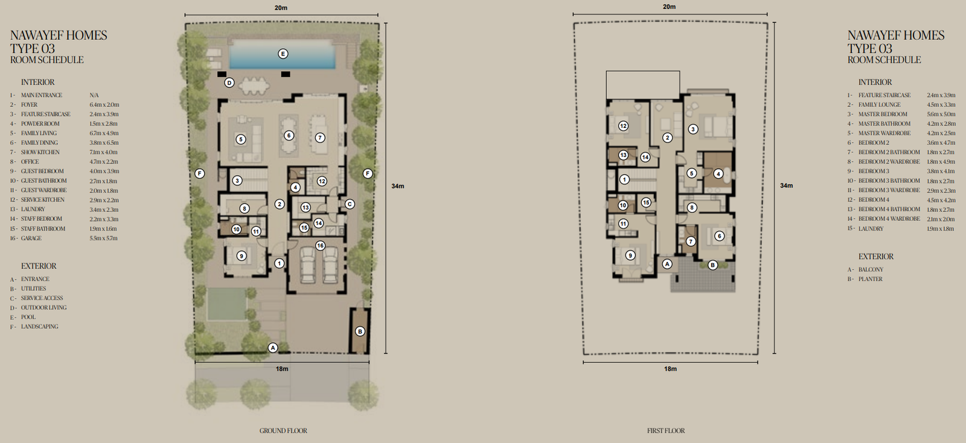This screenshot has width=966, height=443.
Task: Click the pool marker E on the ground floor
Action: tap(283, 54)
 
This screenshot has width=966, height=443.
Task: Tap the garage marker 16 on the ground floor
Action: tap(320, 246)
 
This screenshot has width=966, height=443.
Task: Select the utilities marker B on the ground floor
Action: tap(360, 331)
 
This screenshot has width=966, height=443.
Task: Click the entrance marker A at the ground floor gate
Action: tap(272, 348)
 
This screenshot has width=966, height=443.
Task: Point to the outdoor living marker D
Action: tap(229, 83)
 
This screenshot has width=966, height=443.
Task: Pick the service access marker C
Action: tap(350, 204)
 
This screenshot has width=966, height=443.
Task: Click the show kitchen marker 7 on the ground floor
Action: tap(319, 138)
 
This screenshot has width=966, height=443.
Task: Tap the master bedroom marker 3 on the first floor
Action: tap(693, 129)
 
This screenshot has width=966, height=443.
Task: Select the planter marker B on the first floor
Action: tap(712, 265)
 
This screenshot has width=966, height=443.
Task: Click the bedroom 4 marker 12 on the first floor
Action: tap(623, 126)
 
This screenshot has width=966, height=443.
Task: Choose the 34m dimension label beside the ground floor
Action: tap(398, 186)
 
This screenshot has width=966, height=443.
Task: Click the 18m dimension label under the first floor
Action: tap(670, 369)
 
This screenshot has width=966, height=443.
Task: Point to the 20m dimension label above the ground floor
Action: tap(281, 8)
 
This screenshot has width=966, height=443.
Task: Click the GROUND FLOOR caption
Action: tap(283, 430)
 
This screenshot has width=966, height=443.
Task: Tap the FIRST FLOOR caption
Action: tap(666, 430)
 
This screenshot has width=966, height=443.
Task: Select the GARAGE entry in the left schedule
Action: tap(31, 238)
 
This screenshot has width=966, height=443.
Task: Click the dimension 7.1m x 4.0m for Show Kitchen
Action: tap(103, 152)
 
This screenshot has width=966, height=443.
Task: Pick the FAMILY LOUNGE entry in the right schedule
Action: tap(879, 105)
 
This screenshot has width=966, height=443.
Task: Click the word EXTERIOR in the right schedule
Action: tap(876, 257)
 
